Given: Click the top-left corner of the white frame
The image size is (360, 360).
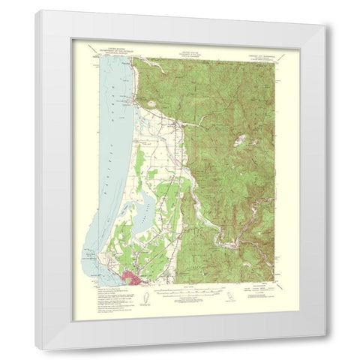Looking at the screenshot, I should tap(36, 10).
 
